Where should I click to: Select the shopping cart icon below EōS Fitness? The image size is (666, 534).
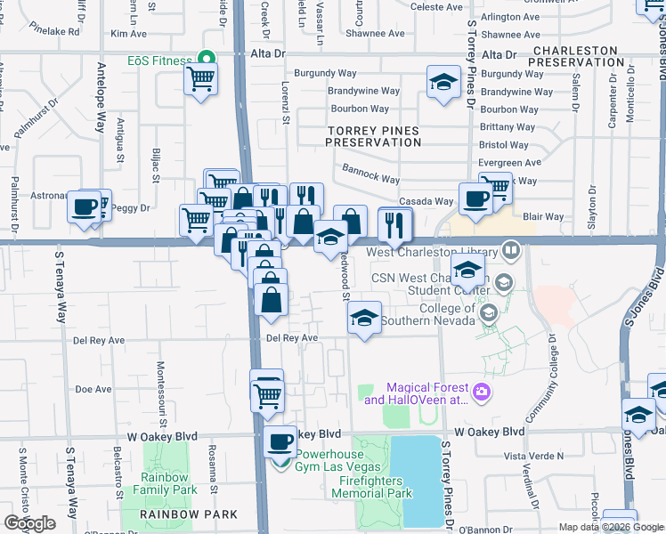(x=201, y=80)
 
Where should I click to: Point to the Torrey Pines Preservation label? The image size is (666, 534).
(x=373, y=135)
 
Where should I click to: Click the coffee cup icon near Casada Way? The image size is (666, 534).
(x=475, y=198)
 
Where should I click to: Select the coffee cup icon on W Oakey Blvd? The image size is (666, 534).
(x=280, y=441)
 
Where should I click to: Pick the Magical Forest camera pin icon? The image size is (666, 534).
(x=481, y=392)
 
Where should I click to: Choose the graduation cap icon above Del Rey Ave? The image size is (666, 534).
(x=363, y=318)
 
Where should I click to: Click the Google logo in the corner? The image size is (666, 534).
(x=29, y=523)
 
